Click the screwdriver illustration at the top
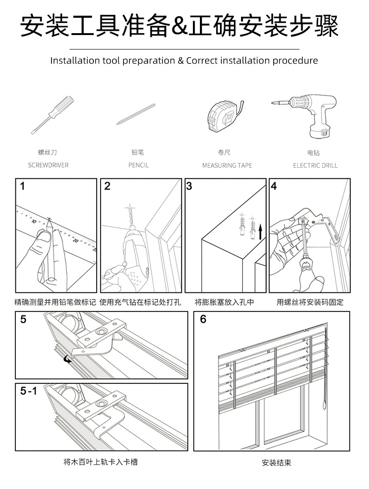52,113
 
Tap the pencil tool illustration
136,114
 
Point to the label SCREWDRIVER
48,165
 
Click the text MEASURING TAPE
227,166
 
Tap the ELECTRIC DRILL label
315,166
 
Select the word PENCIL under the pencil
139,165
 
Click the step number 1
22,186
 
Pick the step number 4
274,186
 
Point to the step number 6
203,319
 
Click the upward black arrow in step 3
260,230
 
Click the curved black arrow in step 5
68,359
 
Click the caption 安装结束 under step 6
277,463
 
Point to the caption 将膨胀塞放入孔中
224,302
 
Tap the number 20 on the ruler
75,240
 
